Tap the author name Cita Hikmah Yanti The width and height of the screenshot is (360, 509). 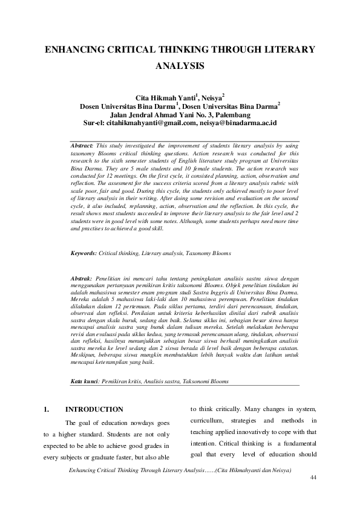coord(161,98)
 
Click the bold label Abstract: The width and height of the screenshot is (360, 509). coord(82,146)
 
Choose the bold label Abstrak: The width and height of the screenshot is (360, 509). coord(82,277)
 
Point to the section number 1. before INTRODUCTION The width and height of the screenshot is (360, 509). coord(46,410)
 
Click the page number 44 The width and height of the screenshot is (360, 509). coord(313,478)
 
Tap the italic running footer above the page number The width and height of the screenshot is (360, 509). coord(181,470)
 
